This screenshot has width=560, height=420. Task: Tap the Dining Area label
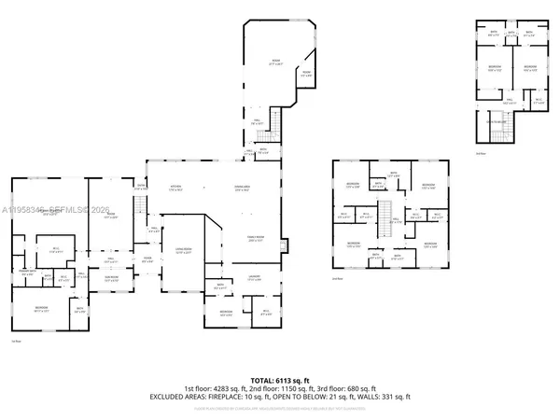(x=242, y=188)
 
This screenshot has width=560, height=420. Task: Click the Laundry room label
(x=254, y=279)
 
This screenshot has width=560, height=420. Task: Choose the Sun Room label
(x=111, y=277)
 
